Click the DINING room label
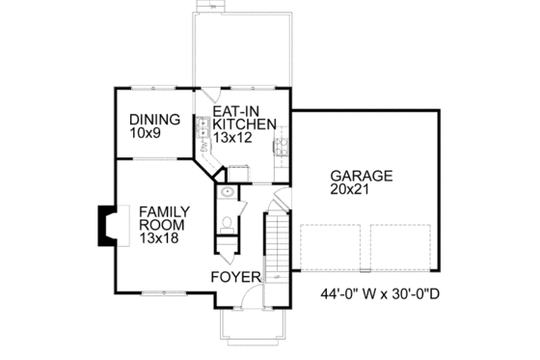[155, 120]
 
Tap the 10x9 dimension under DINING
[147, 134]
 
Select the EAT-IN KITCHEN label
[245, 118]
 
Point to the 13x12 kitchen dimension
[234, 138]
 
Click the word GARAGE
[362, 177]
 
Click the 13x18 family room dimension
[156, 236]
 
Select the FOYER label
[237, 278]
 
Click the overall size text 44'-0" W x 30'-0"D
[380, 295]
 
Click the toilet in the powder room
[227, 223]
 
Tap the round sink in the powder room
[226, 193]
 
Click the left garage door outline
[332, 247]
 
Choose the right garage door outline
[401, 247]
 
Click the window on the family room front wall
[154, 291]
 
